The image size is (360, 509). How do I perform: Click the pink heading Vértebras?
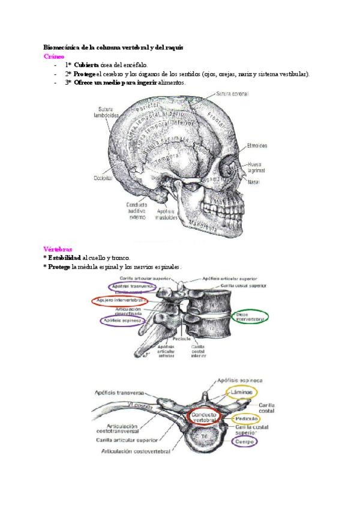point(58,248)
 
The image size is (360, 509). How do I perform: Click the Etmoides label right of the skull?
point(257,145)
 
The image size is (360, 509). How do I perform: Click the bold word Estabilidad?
point(64,258)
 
